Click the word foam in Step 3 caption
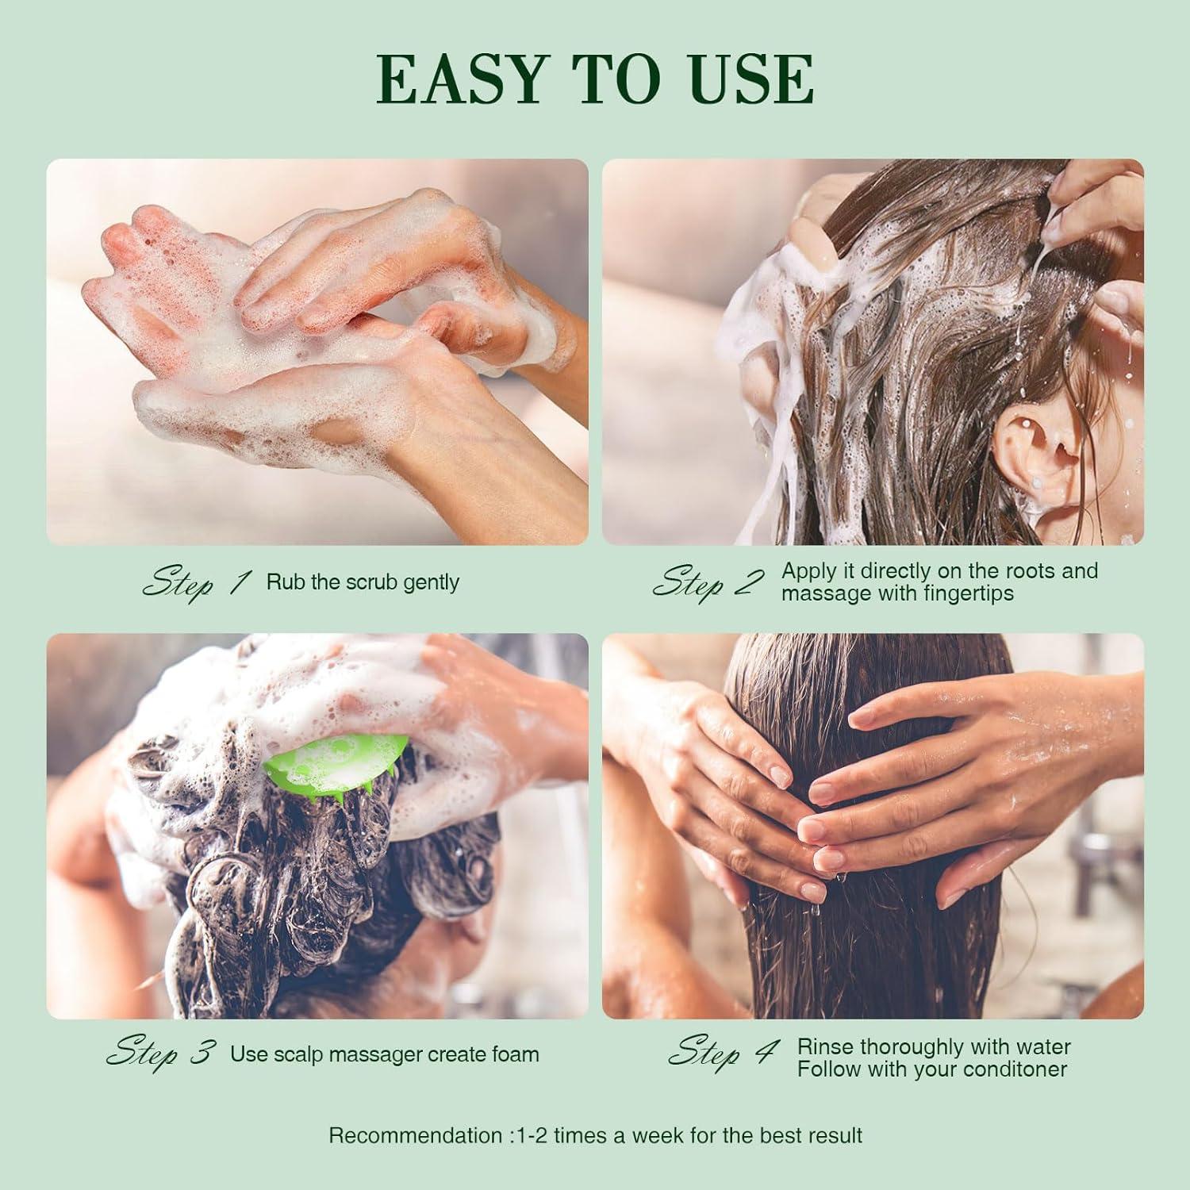pyautogui.click(x=515, y=1054)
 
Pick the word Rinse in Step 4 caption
pyautogui.click(x=825, y=1046)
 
